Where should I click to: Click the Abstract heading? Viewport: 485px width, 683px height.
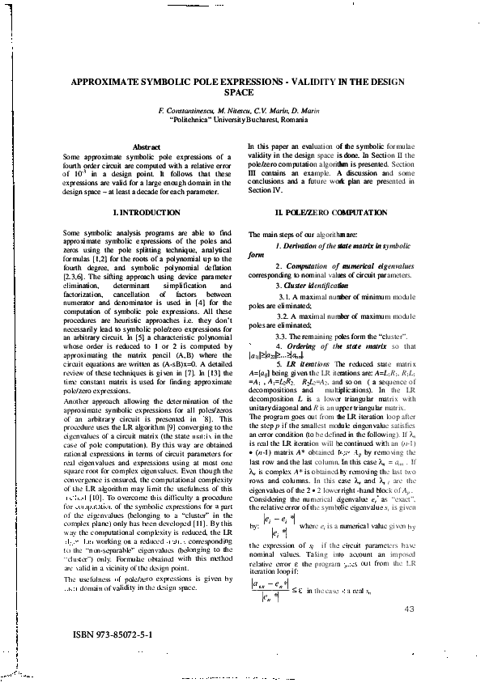click(146, 146)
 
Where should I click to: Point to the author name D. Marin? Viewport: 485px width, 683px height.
click(304, 109)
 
